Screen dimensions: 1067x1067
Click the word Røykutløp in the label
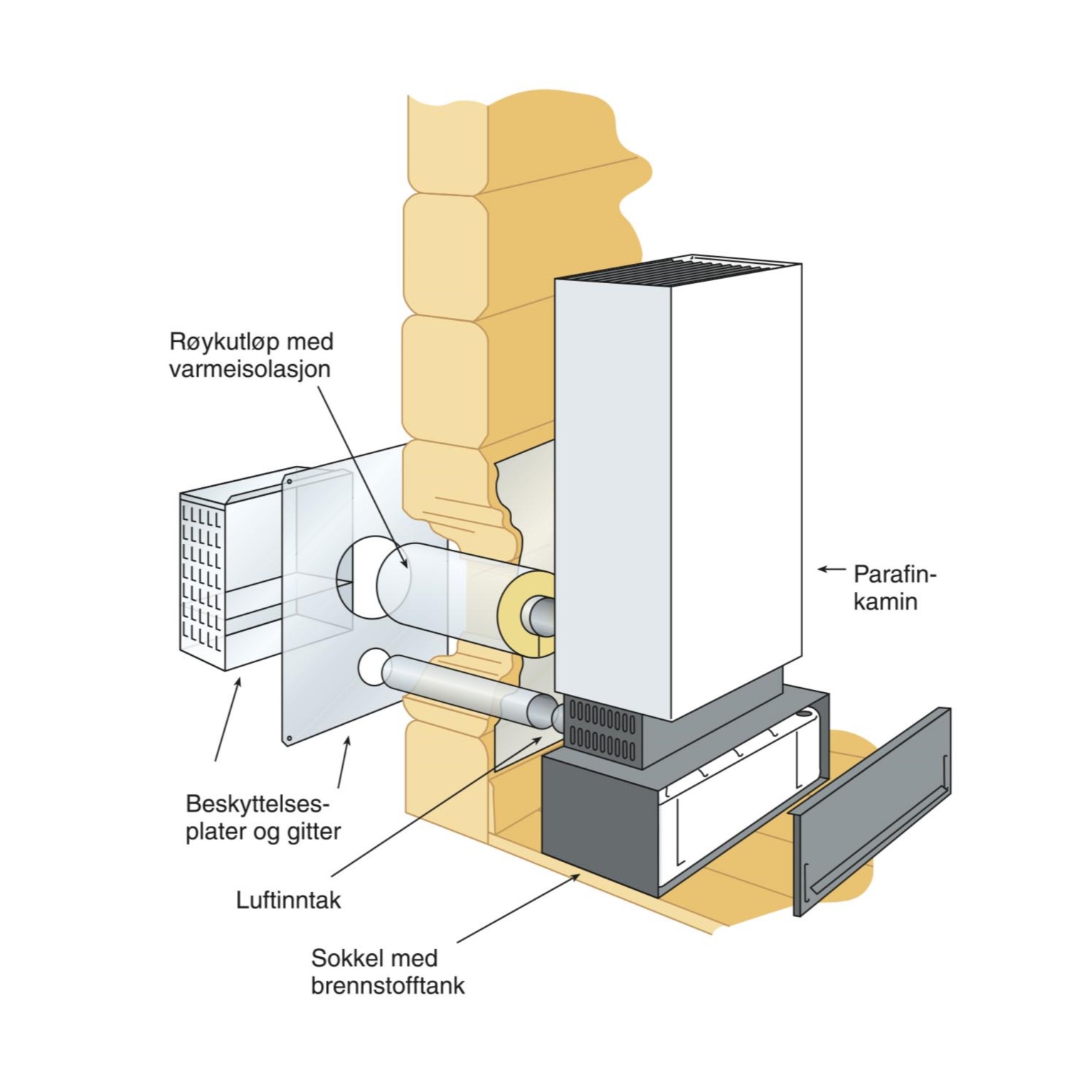point(213,342)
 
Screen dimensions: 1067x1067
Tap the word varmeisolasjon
point(250,370)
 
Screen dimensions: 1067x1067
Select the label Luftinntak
point(288,901)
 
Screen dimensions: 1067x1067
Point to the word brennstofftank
point(388,986)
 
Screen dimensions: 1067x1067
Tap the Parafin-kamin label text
point(893,588)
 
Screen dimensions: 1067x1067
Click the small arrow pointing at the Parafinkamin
point(831,569)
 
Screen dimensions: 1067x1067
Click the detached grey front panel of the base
point(871,811)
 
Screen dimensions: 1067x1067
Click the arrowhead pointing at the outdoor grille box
point(238,683)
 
